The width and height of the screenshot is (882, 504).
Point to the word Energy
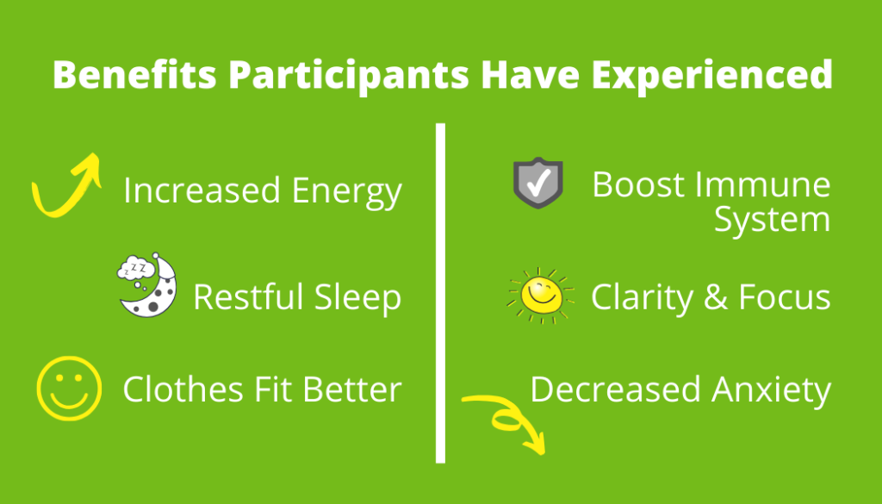[346, 192]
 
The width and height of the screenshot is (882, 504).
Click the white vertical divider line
[440, 293]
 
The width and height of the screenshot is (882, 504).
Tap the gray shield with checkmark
[538, 184]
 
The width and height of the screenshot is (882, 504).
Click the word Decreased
[615, 389]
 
